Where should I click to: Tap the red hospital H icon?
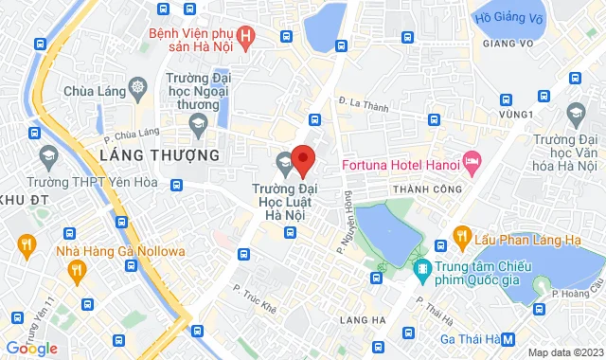pyautogui.click(x=247, y=38)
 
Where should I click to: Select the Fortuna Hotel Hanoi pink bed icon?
pyautogui.click(x=472, y=163)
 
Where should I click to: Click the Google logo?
pyautogui.click(x=31, y=348)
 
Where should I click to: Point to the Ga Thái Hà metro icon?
pyautogui.click(x=508, y=338)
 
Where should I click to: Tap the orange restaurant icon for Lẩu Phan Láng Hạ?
pyautogui.click(x=462, y=236)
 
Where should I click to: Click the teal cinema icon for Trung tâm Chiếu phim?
pyautogui.click(x=423, y=266)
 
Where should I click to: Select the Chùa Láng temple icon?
pyautogui.click(x=139, y=92)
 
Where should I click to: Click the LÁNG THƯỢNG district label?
pyautogui.click(x=159, y=153)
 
